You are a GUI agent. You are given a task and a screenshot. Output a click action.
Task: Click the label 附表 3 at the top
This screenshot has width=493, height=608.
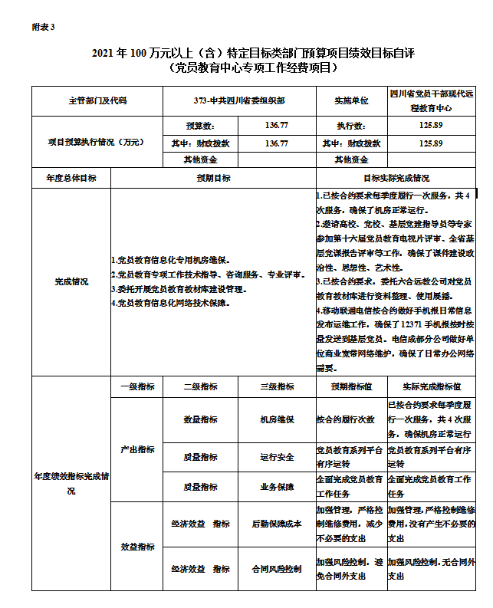coord(43,27)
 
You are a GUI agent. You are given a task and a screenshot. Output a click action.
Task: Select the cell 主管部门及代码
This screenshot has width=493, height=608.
coord(97,100)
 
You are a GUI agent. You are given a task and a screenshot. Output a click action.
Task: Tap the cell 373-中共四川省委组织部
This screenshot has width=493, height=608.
coord(240,100)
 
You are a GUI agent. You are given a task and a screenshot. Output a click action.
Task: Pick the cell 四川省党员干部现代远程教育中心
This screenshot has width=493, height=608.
coord(431,100)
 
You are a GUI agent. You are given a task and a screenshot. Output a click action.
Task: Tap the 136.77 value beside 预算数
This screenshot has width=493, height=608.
coord(277,125)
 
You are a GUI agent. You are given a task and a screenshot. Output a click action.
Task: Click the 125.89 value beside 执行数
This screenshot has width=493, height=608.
coord(431,125)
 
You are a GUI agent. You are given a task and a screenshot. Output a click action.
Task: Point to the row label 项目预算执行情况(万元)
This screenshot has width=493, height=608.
coord(97,142)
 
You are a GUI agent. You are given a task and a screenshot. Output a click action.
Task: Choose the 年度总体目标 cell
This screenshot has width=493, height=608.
coord(71,178)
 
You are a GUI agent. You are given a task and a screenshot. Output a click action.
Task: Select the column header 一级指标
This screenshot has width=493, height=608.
coord(137,386)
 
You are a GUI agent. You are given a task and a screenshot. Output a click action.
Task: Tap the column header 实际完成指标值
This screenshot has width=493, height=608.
coord(431,386)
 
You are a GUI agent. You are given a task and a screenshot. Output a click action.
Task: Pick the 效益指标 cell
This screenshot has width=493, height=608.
coord(137,547)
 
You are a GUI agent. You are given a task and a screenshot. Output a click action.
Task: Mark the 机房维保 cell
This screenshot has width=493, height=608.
coord(277,419)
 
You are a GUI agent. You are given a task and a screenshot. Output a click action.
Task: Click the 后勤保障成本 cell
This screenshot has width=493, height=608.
coord(277,524)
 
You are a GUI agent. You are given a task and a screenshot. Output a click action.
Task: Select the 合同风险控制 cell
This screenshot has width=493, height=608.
coord(277,569)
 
